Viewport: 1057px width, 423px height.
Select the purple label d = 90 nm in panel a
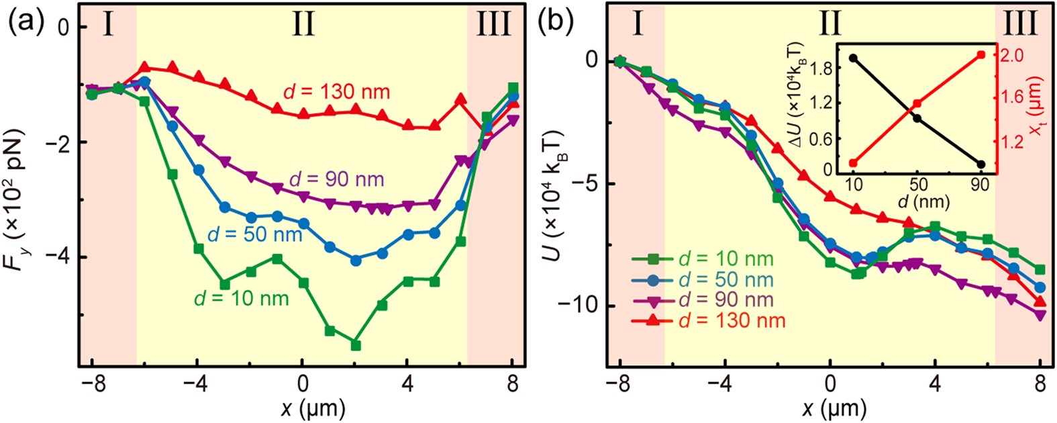click(336, 180)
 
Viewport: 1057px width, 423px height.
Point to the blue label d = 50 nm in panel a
click(255, 236)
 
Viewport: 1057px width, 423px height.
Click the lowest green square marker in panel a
click(356, 345)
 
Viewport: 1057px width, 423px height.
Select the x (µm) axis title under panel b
click(829, 408)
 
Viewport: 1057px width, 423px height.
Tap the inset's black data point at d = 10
click(853, 58)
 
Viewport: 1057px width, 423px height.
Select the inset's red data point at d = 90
click(981, 54)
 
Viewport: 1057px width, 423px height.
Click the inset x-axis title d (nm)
click(916, 199)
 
